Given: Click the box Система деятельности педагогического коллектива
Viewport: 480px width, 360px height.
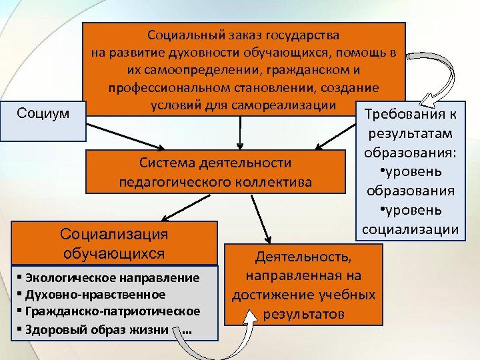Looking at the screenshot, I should pyautogui.click(x=215, y=172).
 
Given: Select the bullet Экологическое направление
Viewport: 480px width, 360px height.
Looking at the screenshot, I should pyautogui.click(x=111, y=277).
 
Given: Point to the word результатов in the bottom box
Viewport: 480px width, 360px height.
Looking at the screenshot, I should pyautogui.click(x=303, y=313).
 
